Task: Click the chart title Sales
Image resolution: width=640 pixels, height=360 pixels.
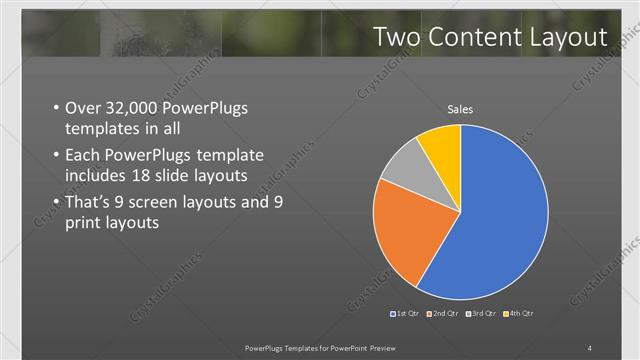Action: [x=460, y=109]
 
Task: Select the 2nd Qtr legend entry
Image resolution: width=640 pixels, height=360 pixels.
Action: [x=444, y=314]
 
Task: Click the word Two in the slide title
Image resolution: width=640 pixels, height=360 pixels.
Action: [x=396, y=37]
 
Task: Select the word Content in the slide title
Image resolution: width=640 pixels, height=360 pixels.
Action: [x=474, y=37]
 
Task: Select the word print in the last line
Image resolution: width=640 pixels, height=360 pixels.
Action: [x=84, y=224]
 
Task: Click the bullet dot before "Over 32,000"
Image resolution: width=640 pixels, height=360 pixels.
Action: [x=54, y=109]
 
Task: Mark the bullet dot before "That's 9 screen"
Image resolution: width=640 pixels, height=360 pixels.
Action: [x=54, y=203]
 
